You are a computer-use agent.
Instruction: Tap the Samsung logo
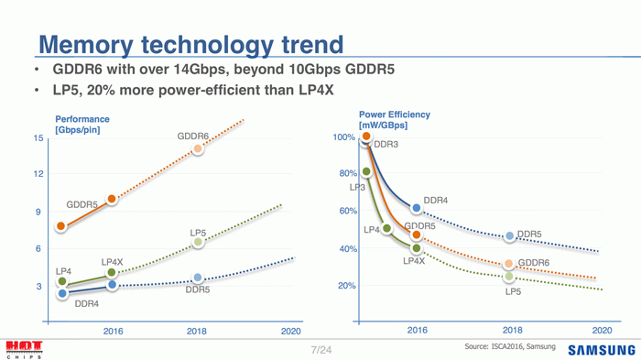(x=601, y=350)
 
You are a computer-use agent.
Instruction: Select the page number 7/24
(x=320, y=350)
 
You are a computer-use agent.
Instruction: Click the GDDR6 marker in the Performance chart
(x=197, y=148)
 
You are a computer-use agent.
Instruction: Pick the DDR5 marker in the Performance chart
(x=197, y=278)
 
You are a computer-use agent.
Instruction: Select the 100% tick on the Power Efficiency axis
(x=344, y=136)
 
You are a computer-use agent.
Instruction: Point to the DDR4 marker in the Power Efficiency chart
(x=417, y=210)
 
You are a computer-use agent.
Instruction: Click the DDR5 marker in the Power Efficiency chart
(x=509, y=235)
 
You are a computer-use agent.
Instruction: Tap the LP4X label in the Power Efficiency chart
(x=414, y=262)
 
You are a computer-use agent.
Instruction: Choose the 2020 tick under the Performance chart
(x=290, y=331)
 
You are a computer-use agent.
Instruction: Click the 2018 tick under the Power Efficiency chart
(x=511, y=329)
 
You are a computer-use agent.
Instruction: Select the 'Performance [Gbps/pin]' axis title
(x=82, y=125)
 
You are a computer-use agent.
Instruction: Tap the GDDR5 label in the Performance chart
(x=82, y=203)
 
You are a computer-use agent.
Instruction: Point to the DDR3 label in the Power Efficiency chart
(x=386, y=145)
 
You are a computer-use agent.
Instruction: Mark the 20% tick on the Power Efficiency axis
(x=347, y=286)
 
